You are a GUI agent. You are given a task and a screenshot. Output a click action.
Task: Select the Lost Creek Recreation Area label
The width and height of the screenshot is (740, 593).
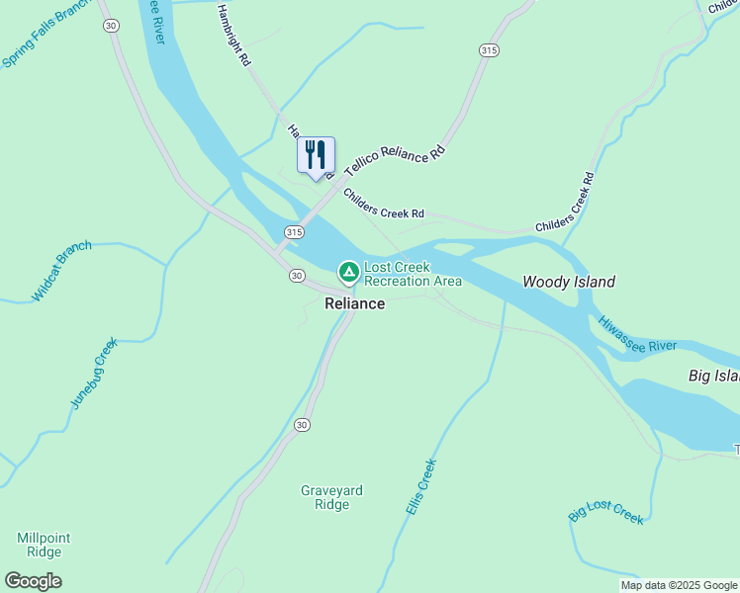413,274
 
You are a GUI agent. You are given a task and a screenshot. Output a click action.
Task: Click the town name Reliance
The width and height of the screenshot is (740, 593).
354,303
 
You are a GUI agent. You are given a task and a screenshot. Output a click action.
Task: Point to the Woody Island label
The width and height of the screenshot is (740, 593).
569,282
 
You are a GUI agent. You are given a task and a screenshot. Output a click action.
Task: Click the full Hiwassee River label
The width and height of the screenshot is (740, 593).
637,333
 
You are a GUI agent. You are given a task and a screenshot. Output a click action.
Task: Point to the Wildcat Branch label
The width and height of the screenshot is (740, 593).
62,271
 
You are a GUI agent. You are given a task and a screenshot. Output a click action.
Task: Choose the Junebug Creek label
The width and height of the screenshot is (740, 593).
94,373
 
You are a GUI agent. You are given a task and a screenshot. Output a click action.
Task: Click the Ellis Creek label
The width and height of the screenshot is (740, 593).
420,485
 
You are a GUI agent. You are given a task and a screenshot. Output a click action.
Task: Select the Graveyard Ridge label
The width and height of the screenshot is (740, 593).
331,497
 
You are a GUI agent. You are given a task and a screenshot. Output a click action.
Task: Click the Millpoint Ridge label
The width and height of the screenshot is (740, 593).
44,545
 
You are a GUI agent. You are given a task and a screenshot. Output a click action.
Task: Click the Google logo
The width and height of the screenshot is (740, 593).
33,581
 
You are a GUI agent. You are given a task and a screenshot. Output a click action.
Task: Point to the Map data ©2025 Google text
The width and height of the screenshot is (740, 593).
678,585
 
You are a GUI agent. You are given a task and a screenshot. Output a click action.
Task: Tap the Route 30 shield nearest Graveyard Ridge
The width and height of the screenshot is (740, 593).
302,425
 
